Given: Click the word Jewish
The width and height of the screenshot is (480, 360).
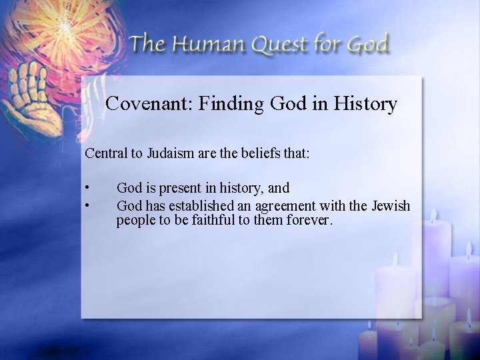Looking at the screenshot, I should (391, 205).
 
